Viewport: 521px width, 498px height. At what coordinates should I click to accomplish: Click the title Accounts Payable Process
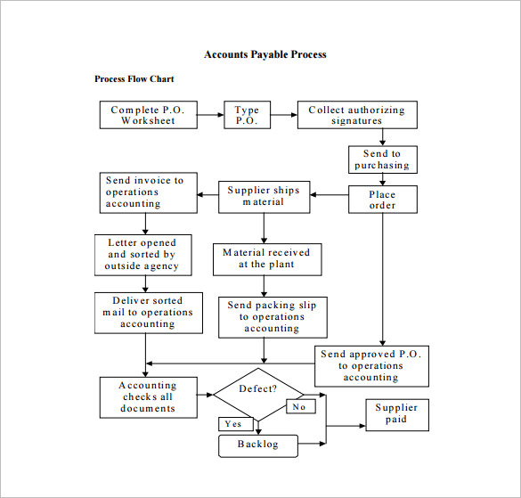click(x=265, y=54)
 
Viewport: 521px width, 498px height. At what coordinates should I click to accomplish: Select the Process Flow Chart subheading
click(x=134, y=79)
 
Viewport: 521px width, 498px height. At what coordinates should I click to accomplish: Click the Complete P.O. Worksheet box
click(x=148, y=115)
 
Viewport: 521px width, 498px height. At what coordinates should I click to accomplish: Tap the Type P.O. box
click(x=247, y=115)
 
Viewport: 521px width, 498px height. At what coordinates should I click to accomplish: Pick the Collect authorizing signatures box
click(x=356, y=115)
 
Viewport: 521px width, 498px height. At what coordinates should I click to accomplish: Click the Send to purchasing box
click(x=382, y=159)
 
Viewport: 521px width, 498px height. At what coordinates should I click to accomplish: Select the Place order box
click(x=382, y=200)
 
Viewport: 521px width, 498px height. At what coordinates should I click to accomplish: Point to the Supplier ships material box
click(x=263, y=196)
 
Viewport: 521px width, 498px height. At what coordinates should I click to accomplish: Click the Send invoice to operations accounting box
click(x=147, y=192)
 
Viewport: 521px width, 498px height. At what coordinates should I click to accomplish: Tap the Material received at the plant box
click(x=267, y=258)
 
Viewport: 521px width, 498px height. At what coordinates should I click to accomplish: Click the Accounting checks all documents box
click(x=148, y=397)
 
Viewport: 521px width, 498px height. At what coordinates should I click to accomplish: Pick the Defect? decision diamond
click(x=258, y=393)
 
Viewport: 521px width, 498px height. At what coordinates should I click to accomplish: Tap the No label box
click(x=298, y=406)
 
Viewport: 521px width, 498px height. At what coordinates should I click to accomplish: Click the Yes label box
click(x=233, y=424)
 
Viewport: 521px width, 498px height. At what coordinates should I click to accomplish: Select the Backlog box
click(x=257, y=445)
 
